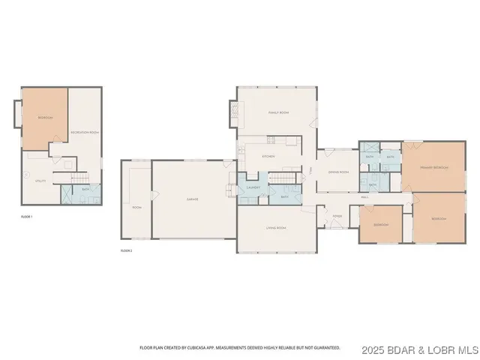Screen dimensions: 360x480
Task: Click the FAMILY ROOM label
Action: [x=279, y=112]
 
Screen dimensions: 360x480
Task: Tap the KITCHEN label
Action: [x=268, y=156]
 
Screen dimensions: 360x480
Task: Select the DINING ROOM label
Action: [x=338, y=172]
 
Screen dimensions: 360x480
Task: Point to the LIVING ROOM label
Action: [x=277, y=227]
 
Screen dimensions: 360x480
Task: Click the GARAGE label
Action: [x=193, y=199]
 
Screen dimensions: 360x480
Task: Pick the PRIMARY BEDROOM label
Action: [x=434, y=167]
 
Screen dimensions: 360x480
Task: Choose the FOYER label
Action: [x=337, y=216]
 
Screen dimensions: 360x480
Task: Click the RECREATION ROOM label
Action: [x=85, y=132]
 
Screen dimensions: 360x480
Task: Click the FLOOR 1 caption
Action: [x=27, y=215]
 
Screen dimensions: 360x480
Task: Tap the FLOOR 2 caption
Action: [x=126, y=250]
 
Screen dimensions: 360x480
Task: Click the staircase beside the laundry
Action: [x=280, y=177]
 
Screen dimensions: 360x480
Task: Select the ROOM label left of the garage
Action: [x=136, y=207]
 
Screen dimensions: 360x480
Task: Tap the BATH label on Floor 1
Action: [x=85, y=190]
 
